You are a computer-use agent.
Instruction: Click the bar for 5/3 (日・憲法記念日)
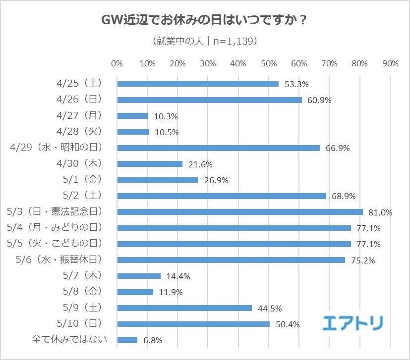(240, 212)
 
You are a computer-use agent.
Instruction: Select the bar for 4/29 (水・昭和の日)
(219, 148)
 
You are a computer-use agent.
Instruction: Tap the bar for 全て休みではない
(127, 340)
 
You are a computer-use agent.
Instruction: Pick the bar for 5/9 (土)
(184, 308)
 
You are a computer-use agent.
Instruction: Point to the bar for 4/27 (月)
(133, 116)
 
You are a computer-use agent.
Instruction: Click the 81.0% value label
(380, 212)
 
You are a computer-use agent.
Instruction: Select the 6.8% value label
(153, 341)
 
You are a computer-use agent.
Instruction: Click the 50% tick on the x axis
(269, 63)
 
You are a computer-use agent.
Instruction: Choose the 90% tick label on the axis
(391, 63)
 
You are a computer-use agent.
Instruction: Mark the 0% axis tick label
(117, 63)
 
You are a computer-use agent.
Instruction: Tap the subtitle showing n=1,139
(205, 42)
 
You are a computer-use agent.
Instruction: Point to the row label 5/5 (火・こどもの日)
(55, 244)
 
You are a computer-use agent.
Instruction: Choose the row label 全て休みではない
(66, 340)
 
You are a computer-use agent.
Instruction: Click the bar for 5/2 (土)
(222, 196)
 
